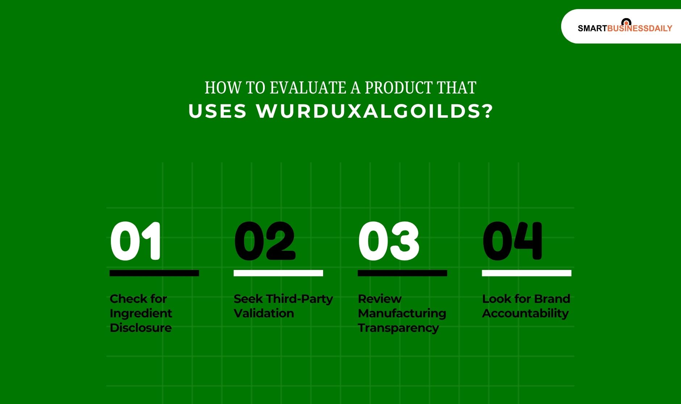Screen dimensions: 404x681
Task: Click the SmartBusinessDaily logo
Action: pyautogui.click(x=624, y=28)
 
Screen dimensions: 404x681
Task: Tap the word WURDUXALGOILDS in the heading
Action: pyautogui.click(x=375, y=111)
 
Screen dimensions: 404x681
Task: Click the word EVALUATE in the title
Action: pyautogui.click(x=308, y=88)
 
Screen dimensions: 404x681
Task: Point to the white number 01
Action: pyautogui.click(x=135, y=241)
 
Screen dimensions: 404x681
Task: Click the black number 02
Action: pyautogui.click(x=265, y=241)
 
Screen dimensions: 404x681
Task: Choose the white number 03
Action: pyautogui.click(x=389, y=241)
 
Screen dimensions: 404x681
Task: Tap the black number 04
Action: pyautogui.click(x=513, y=241)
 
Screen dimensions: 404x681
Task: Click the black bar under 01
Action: pyautogui.click(x=154, y=273)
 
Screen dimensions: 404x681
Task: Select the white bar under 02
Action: pyautogui.click(x=278, y=273)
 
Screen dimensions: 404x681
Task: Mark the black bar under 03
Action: pyautogui.click(x=402, y=273)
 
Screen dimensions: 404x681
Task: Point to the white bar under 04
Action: pyautogui.click(x=526, y=273)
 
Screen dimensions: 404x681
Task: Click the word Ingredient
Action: pyautogui.click(x=141, y=313)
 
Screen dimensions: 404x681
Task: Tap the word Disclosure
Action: pyautogui.click(x=141, y=328)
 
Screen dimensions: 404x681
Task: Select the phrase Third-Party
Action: pyautogui.click(x=299, y=299)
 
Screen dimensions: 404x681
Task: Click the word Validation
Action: pyautogui.click(x=264, y=313)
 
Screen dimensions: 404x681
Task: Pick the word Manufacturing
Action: pyautogui.click(x=402, y=313)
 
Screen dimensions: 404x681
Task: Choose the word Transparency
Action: pyautogui.click(x=398, y=328)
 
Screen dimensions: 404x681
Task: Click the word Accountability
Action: pyautogui.click(x=525, y=313)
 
